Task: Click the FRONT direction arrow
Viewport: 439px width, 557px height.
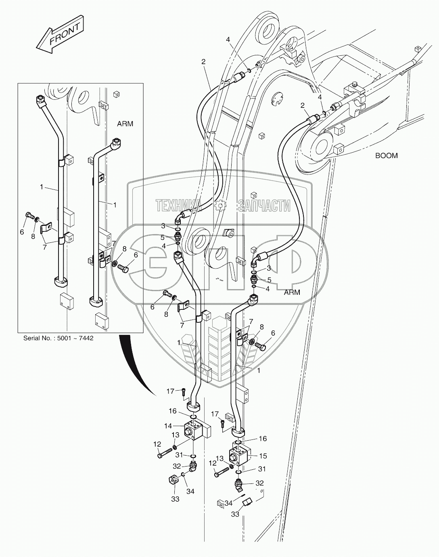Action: pos(61,35)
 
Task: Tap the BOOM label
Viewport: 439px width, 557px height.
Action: pos(386,156)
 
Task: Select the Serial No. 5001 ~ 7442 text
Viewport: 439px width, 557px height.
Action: pos(58,338)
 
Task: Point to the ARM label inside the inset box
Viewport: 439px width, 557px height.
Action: pos(125,124)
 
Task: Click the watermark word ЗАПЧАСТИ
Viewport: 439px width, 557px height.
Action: pos(264,206)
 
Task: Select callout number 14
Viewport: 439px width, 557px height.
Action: pos(167,425)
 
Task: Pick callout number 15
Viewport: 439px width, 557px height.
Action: pos(263,456)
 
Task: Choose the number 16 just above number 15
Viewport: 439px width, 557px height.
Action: pos(262,439)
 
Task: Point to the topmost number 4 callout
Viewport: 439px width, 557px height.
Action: pos(228,40)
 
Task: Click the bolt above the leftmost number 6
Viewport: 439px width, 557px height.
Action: pos(29,215)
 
